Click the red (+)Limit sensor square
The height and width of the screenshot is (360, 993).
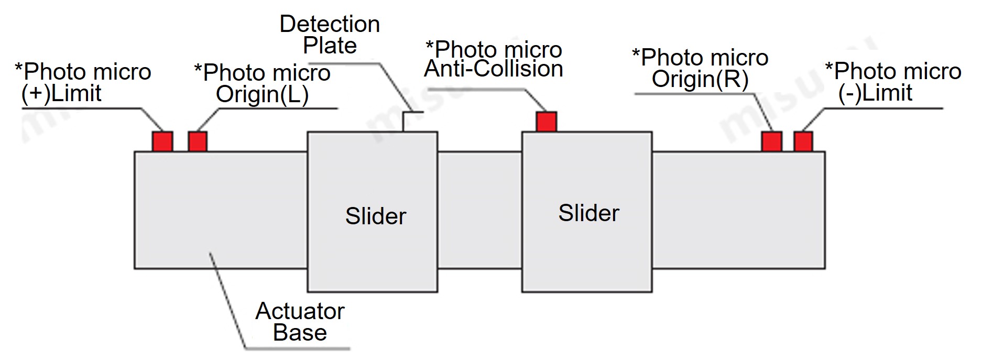162,141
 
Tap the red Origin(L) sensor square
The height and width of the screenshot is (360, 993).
198,141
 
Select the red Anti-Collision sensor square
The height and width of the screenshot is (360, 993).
546,122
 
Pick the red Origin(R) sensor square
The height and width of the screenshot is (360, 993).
771,141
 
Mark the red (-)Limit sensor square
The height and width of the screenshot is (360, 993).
803,141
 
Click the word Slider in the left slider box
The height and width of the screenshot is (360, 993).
376,216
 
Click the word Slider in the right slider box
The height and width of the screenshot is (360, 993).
588,213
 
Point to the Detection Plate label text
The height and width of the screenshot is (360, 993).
330,35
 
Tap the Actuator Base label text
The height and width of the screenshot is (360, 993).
300,322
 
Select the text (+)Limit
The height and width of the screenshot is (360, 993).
61,94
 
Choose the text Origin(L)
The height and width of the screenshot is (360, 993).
262,95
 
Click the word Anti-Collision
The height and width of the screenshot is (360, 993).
493,69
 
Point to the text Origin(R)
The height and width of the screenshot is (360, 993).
700,79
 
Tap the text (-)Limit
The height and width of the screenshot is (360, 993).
875,93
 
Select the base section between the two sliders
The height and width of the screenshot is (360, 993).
479,210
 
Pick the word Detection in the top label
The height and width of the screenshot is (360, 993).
330,24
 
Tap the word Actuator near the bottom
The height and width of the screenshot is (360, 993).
300,311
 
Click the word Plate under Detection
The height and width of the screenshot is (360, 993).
330,46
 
